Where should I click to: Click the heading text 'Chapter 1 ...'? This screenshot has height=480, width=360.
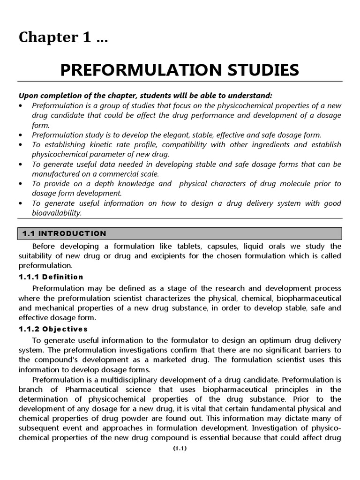pyautogui.click(x=63, y=38)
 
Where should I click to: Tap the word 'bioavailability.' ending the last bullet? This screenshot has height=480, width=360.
pyautogui.click(x=57, y=213)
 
